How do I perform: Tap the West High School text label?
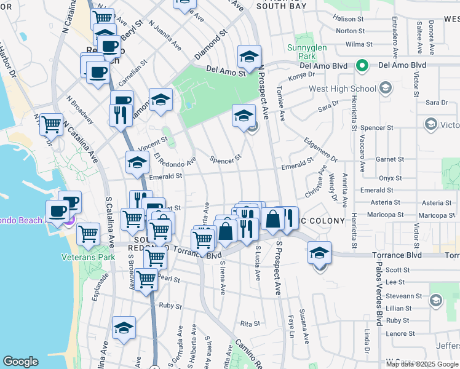342,89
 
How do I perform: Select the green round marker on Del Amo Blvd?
363,65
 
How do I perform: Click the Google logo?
21,361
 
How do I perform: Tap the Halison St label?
348,19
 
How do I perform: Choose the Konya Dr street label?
301,76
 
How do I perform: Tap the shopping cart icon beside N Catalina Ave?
52,125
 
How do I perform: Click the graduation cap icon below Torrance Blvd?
319,252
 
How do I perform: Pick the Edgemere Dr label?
320,149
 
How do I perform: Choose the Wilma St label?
359,44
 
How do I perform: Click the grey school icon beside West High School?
386,89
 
